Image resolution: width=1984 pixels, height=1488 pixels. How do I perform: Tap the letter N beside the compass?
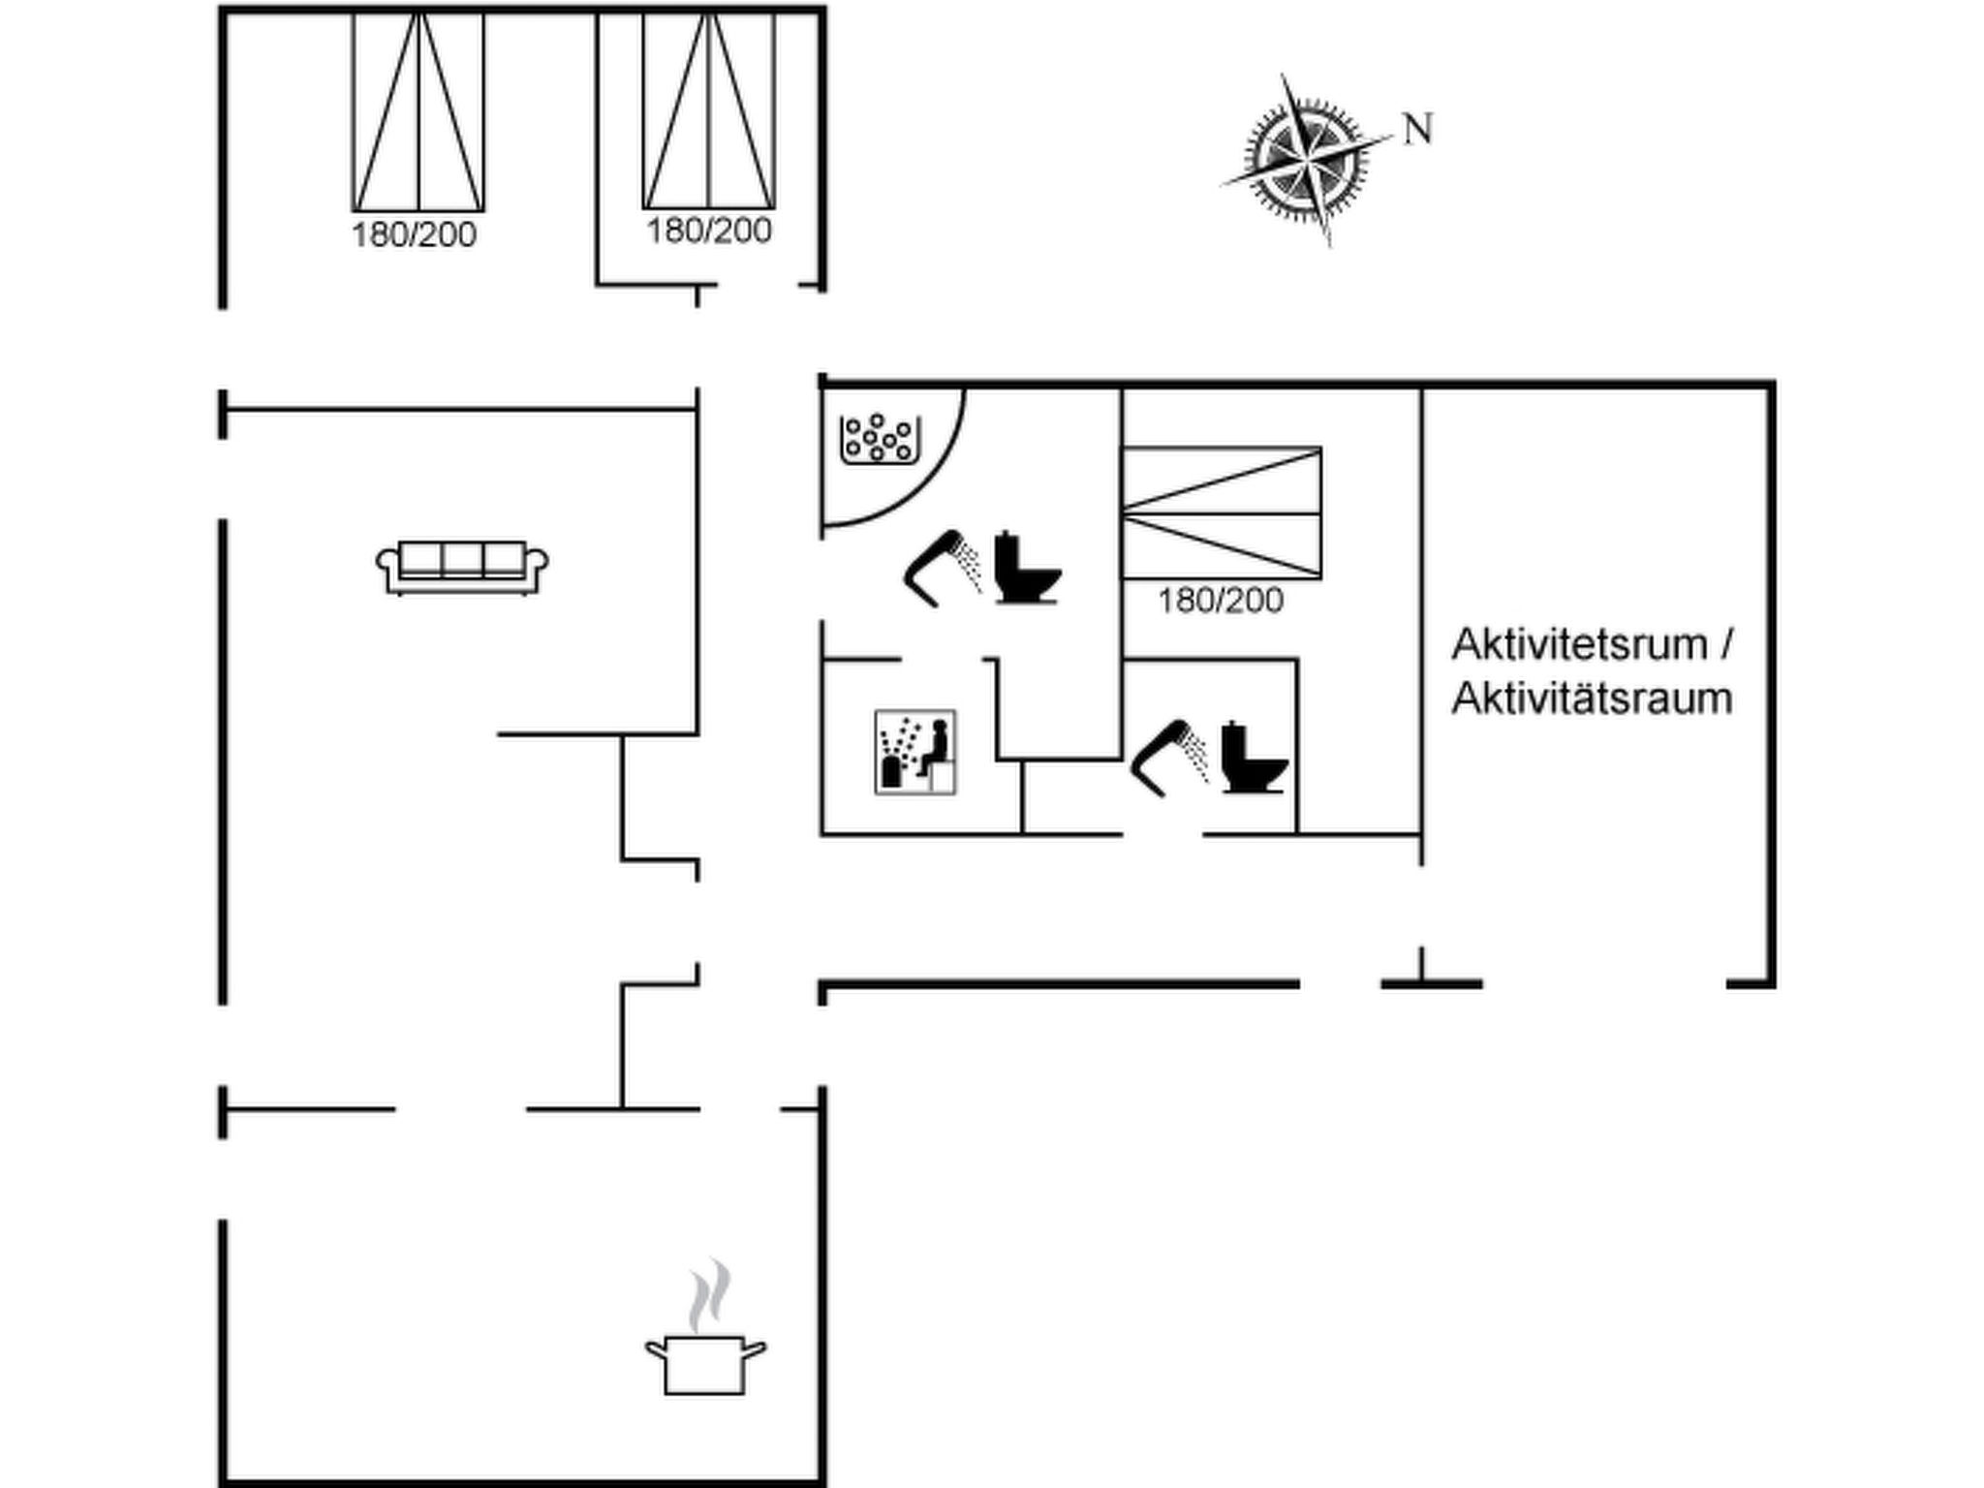pyautogui.click(x=1418, y=129)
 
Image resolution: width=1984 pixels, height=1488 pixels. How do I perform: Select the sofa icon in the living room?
pyautogui.click(x=462, y=568)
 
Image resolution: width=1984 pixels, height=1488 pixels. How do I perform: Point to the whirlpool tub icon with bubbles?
pyautogui.click(x=880, y=439)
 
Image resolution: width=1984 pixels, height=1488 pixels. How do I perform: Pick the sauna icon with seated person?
pyautogui.click(x=915, y=752)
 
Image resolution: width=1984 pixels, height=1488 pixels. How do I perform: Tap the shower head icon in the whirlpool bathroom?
pyautogui.click(x=944, y=569)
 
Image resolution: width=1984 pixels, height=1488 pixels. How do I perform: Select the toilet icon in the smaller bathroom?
pyautogui.click(x=1255, y=757)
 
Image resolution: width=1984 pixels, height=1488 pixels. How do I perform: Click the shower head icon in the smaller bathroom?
pyautogui.click(x=1169, y=759)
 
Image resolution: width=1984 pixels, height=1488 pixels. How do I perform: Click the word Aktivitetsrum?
pyautogui.click(x=1579, y=644)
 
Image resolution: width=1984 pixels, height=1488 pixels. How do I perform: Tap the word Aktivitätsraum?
pyautogui.click(x=1592, y=698)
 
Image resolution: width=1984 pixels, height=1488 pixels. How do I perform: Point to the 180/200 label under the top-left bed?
pyautogui.click(x=414, y=234)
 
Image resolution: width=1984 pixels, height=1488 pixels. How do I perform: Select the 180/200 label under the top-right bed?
pyautogui.click(x=709, y=231)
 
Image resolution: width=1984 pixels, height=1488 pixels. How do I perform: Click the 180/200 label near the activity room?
pyautogui.click(x=1221, y=601)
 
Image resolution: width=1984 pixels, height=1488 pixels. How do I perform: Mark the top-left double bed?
pyautogui.click(x=418, y=110)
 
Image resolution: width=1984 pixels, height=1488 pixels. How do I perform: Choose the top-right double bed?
pyautogui.click(x=709, y=109)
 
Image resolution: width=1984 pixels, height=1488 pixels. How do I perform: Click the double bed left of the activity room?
pyautogui.click(x=1222, y=513)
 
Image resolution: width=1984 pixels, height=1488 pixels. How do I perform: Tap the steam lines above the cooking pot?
pyautogui.click(x=709, y=1295)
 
